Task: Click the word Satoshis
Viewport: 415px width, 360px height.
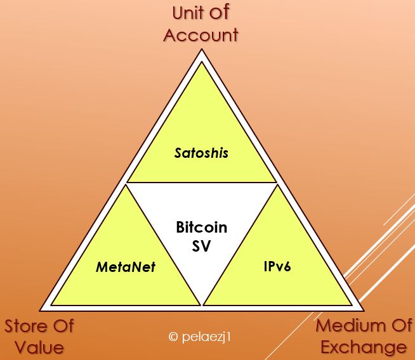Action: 201,153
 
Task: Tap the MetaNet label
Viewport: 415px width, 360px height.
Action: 126,266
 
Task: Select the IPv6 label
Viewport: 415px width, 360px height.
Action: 277,266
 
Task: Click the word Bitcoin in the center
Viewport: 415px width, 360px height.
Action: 201,228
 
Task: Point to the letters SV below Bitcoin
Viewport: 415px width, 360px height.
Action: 201,245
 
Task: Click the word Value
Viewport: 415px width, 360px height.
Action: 41,347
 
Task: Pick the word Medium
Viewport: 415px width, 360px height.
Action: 351,326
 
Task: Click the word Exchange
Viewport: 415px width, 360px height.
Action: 363,347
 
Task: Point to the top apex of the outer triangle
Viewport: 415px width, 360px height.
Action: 202,50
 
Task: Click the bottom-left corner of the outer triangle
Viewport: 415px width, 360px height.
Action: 40,311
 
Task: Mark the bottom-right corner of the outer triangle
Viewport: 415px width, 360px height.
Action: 364,311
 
